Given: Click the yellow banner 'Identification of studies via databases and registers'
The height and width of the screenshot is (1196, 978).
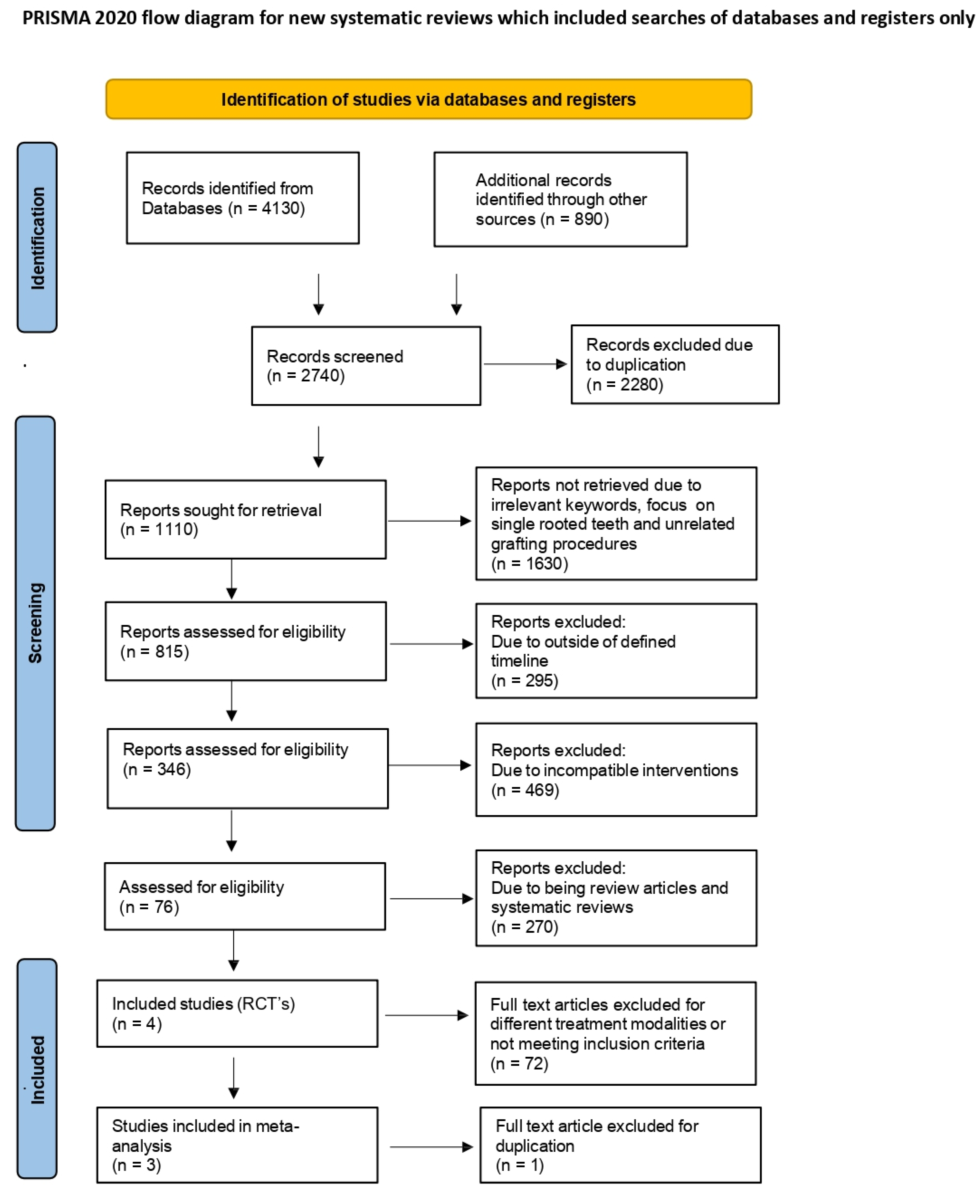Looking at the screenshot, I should click(x=428, y=99).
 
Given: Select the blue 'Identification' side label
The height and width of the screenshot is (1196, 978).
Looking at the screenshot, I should click(x=37, y=237).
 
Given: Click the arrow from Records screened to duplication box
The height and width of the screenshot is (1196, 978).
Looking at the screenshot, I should click(x=524, y=364).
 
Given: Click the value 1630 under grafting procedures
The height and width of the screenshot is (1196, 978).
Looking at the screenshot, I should click(x=545, y=563).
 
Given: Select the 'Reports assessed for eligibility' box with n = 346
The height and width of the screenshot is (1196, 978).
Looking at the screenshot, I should click(x=247, y=768).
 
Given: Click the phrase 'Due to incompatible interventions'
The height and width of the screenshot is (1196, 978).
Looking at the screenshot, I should click(x=614, y=770).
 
